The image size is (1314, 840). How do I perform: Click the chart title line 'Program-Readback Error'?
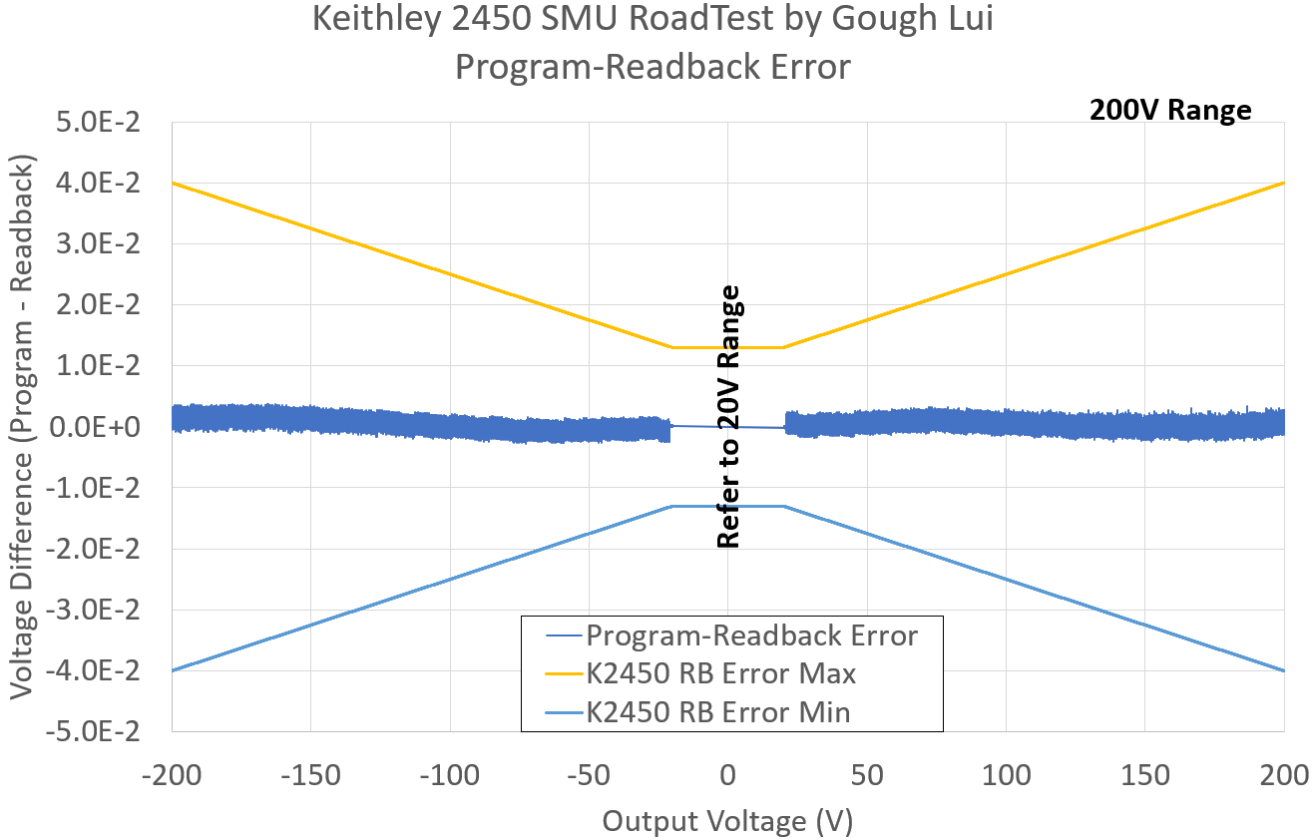pos(653,67)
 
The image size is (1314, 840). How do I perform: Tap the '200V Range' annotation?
pos(1169,110)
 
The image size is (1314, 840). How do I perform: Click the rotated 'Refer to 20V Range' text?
pos(729,417)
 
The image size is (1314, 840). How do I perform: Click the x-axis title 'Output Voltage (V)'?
pos(727,821)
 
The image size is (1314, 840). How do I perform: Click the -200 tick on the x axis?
pos(172,775)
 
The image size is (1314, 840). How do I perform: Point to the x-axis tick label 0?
pos(728,775)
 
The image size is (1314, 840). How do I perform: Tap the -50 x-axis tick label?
pos(589,775)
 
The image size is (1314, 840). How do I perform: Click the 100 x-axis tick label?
pos(1006,775)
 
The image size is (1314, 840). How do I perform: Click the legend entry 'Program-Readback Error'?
pos(751,635)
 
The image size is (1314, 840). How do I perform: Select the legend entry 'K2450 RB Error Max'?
pos(720,673)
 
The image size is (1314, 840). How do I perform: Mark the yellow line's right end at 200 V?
pos(1283,184)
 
